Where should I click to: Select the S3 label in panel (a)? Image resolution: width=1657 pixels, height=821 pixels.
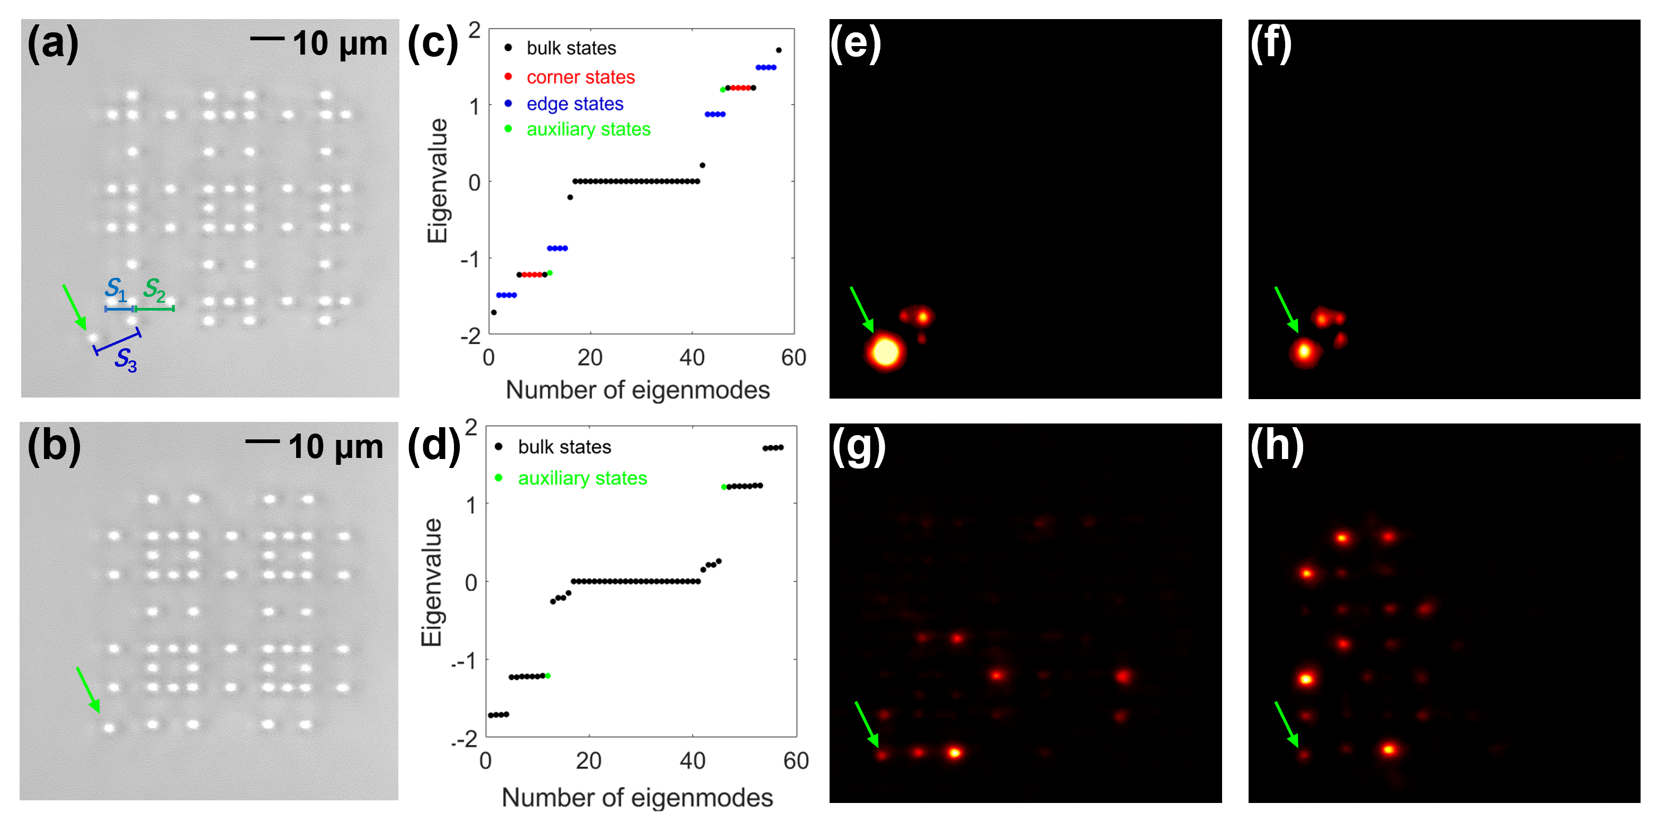click(126, 360)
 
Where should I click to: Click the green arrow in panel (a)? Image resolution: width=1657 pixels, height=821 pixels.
click(74, 306)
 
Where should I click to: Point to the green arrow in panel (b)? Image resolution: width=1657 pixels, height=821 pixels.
click(88, 689)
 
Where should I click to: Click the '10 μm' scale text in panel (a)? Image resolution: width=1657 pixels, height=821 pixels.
click(340, 44)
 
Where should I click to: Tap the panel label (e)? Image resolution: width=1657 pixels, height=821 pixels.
click(856, 44)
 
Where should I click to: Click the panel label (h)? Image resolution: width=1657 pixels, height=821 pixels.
click(1277, 446)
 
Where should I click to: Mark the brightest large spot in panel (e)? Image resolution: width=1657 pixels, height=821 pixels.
click(885, 352)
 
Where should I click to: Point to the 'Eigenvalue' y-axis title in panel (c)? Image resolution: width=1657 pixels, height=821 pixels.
click(438, 181)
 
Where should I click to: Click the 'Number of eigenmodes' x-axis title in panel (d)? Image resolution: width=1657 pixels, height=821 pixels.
click(637, 798)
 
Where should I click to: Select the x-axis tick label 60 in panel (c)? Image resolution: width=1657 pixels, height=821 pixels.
click(793, 358)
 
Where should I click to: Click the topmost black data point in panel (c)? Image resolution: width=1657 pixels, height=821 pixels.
click(779, 50)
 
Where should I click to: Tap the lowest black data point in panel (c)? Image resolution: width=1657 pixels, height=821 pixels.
click(493, 313)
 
